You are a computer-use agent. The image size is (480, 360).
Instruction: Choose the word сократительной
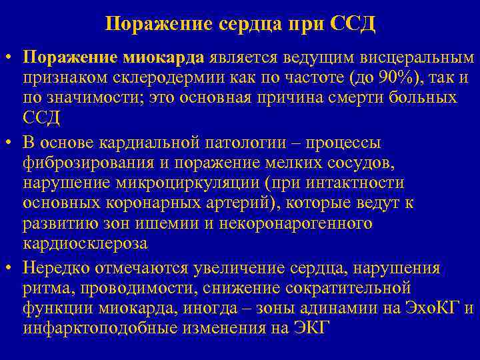[x=352, y=288]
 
